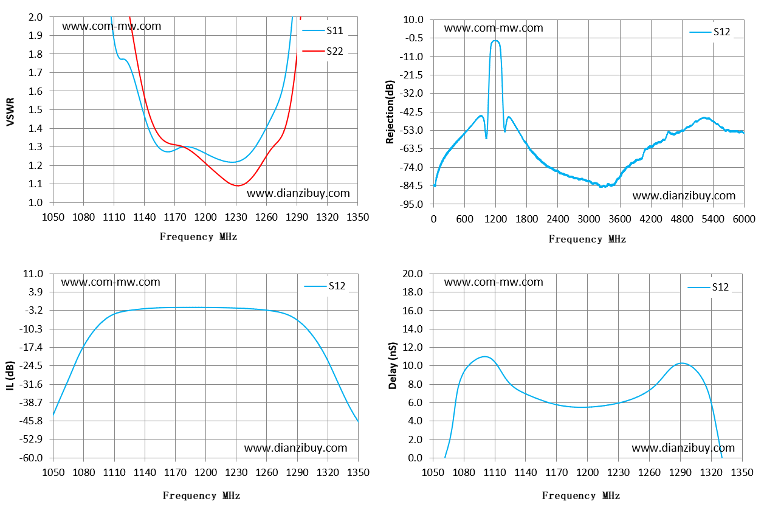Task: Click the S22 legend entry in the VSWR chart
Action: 323,51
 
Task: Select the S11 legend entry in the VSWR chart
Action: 323,30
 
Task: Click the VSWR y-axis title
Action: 10,112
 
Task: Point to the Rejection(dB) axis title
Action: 390,112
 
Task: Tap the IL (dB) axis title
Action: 10,376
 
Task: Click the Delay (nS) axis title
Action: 393,366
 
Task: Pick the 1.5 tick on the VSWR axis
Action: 35,109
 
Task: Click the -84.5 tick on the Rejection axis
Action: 411,185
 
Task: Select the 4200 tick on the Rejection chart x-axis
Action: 651,219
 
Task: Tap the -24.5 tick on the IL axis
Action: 31,366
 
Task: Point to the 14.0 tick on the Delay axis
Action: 413,329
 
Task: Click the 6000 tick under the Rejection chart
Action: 744,219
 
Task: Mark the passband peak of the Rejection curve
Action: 495,41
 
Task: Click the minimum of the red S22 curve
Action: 238,185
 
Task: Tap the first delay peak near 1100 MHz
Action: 484,356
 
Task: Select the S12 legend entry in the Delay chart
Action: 708,288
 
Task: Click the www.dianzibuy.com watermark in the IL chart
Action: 296,447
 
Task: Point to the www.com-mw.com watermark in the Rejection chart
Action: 494,27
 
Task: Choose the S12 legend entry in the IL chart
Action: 325,286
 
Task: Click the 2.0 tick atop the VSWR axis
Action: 35,17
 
